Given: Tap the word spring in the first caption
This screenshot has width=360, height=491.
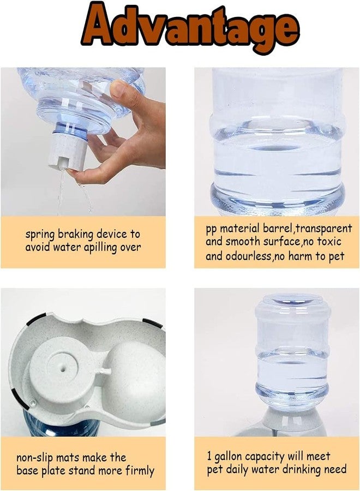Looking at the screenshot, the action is tap(40, 235).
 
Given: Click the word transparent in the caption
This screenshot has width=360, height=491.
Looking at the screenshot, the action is tap(323, 229).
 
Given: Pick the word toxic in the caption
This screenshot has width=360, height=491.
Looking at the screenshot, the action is tap(329, 242).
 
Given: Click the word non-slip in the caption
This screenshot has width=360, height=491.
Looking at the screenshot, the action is tap(35, 458).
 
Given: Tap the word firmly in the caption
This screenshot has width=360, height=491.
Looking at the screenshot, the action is tap(140, 471).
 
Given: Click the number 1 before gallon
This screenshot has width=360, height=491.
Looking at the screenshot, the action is tap(209, 456).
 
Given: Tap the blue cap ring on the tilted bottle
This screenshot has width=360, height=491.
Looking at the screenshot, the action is tap(71, 130).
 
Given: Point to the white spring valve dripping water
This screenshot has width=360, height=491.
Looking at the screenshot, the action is tap(67, 151).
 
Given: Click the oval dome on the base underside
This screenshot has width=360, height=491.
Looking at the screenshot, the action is tap(134, 375).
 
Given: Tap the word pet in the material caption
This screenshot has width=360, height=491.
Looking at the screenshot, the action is tap(337, 256).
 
